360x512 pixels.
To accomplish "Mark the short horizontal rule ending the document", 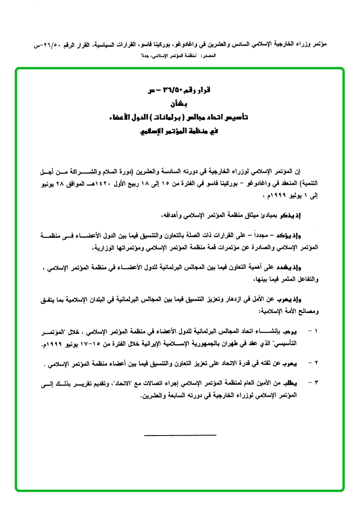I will pos(180,435).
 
